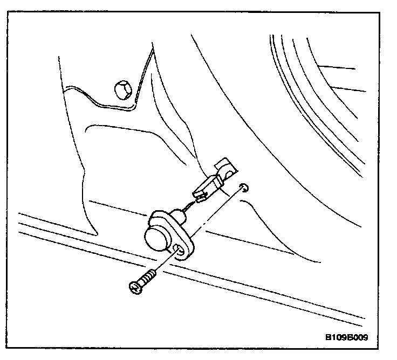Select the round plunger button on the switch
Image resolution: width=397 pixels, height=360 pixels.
[154, 235]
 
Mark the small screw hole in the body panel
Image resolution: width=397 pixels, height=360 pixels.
[243, 187]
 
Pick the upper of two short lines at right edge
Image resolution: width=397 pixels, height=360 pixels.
[337, 68]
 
